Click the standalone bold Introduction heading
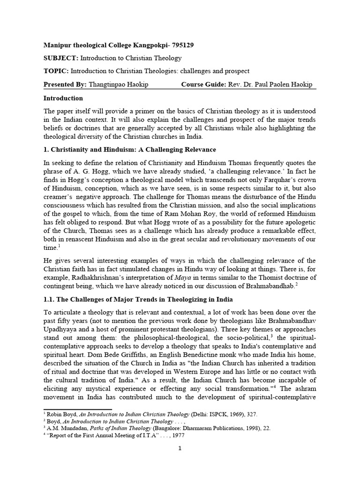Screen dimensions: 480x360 pyautogui.click(x=63, y=98)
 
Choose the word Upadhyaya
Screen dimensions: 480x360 pyautogui.click(x=62, y=330)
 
